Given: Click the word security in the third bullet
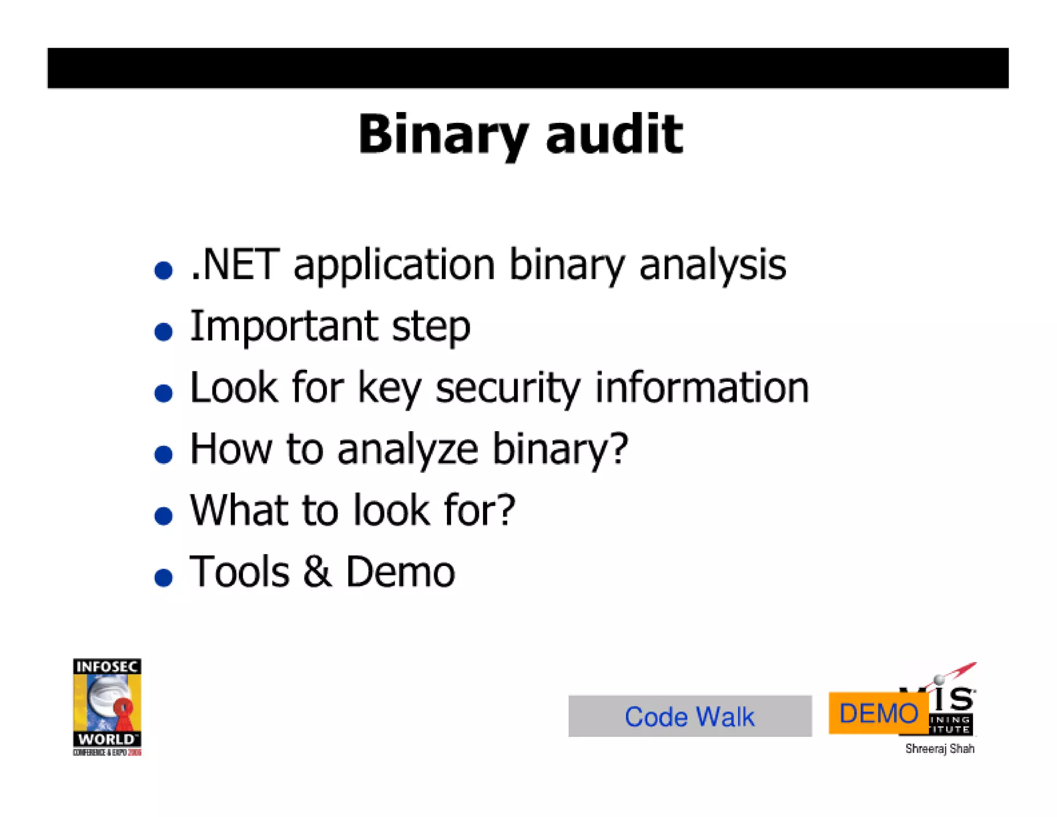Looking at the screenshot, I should coord(508,388).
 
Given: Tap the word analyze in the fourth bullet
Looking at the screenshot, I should coord(408,449).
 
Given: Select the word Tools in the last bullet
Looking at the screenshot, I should coord(239,572).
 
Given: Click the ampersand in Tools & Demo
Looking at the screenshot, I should coord(317,572).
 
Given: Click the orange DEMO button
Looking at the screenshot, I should coord(878,713).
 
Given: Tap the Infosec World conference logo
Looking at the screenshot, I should coord(107,706).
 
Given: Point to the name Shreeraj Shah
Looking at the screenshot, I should coord(939,749).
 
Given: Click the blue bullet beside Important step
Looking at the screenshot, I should coord(164,332).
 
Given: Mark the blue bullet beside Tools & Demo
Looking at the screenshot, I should coord(164,577).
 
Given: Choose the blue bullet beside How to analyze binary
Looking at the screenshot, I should coord(164,454).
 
